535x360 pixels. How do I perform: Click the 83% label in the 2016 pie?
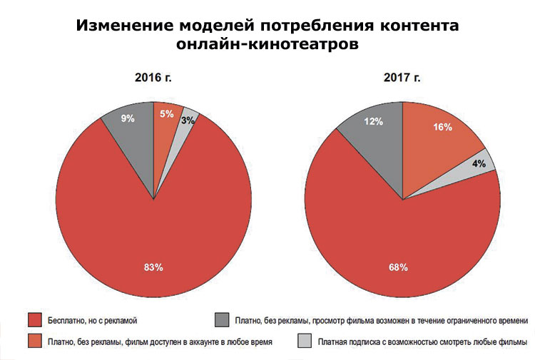(x=154, y=268)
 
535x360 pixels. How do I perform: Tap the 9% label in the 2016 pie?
(x=128, y=119)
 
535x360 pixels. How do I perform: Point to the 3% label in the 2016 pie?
(x=186, y=120)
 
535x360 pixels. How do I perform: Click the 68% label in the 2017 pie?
(x=398, y=267)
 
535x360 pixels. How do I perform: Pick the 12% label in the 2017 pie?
(x=374, y=122)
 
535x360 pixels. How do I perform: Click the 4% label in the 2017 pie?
(x=479, y=163)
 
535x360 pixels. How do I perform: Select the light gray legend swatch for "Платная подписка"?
(x=304, y=341)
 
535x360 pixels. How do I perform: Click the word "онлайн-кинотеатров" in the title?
(x=267, y=44)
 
